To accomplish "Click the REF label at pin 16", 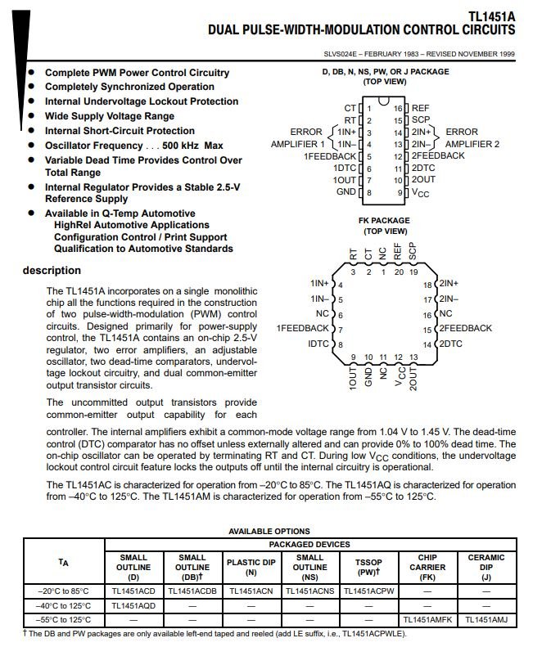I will tap(420, 108).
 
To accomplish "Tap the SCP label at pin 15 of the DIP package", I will tap(421, 120).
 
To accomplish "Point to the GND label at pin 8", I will tap(346, 191).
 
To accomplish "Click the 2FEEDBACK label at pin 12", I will tap(437, 155).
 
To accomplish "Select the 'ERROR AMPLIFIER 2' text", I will tap(472, 137).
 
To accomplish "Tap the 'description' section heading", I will tap(52, 271).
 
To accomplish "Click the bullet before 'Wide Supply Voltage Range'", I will tap(32, 116).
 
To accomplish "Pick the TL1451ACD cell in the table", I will tap(133, 590).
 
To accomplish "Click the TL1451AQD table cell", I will tap(133, 605).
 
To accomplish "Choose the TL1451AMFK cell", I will tap(427, 619).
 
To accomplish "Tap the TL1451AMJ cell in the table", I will tap(486, 619).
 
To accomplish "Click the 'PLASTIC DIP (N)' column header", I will tap(251, 568).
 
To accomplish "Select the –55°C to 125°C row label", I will tap(64, 619).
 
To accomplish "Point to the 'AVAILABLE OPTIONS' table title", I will tap(269, 531).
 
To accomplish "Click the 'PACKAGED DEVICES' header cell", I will tap(309, 544).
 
